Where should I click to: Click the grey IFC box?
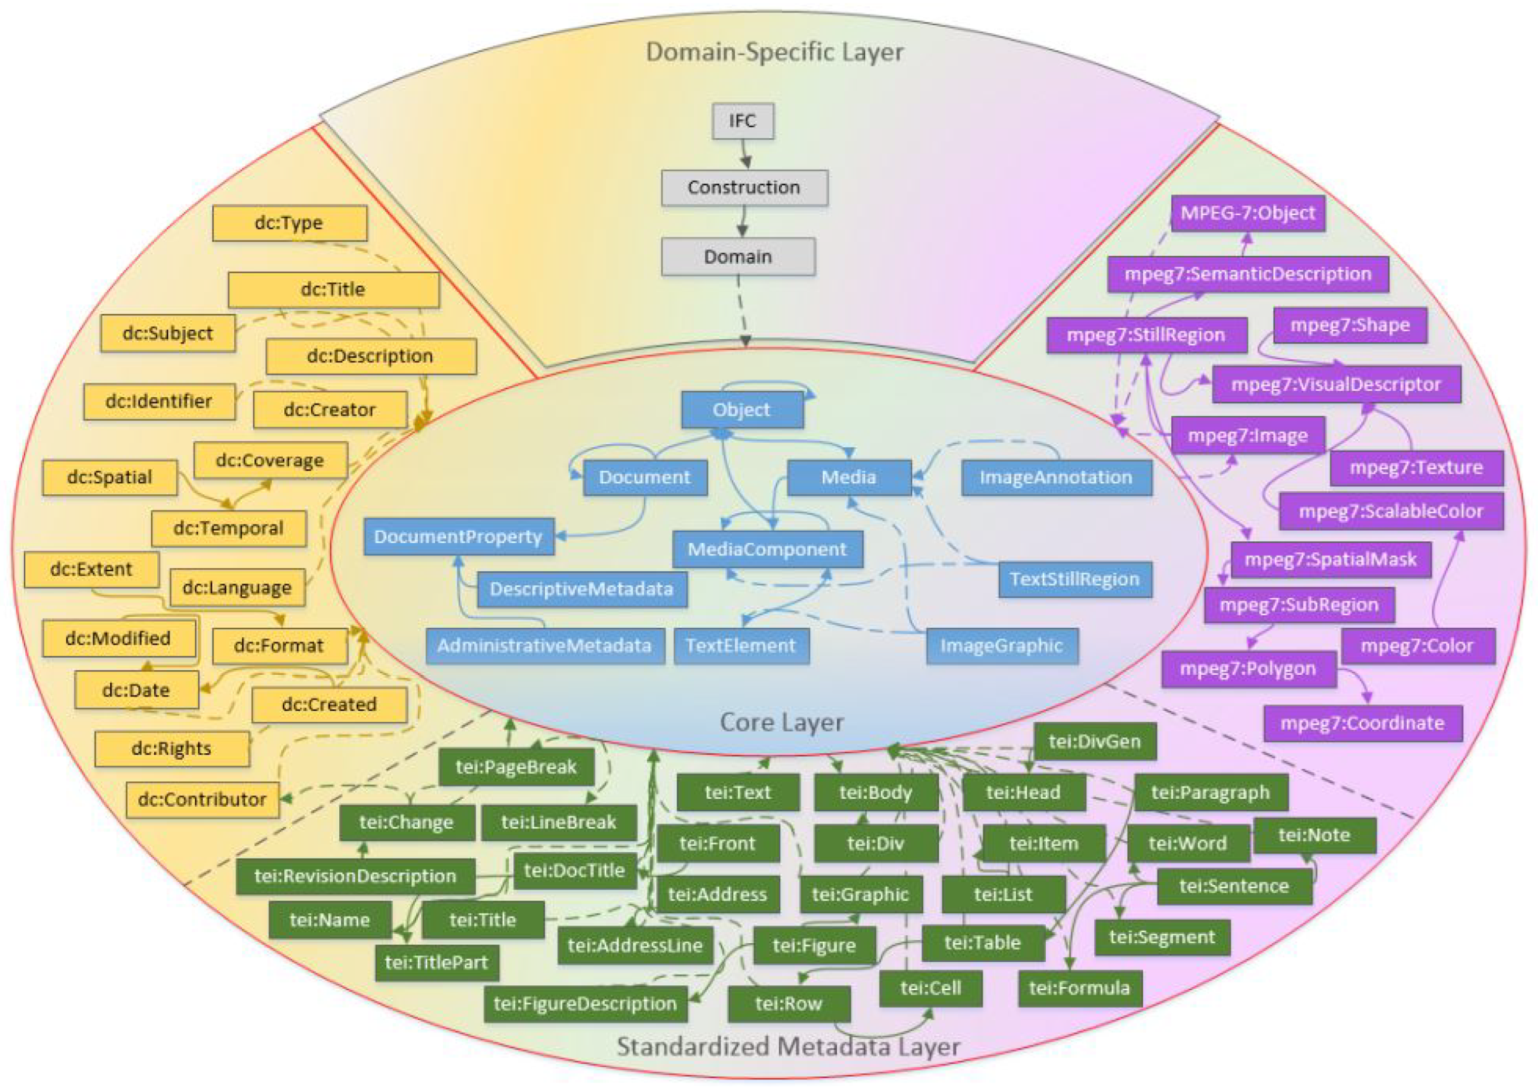tap(742, 121)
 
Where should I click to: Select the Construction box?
tap(744, 187)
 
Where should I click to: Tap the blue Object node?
tap(742, 410)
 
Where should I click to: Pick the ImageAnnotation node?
tap(1056, 477)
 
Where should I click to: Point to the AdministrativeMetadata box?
tap(545, 646)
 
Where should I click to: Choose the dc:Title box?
tap(333, 290)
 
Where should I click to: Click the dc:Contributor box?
tap(202, 799)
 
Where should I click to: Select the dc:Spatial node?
tap(110, 477)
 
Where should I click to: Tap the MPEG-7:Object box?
tap(1248, 213)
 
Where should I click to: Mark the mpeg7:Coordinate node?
tap(1362, 723)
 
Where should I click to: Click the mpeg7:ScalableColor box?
tap(1391, 511)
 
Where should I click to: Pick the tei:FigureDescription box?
tap(585, 1003)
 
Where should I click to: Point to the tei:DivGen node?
tap(1095, 742)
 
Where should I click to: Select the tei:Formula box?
tap(1080, 988)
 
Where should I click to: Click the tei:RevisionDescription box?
tap(356, 876)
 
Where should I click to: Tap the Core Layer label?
tap(781, 723)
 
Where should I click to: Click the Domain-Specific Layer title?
tap(774, 52)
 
